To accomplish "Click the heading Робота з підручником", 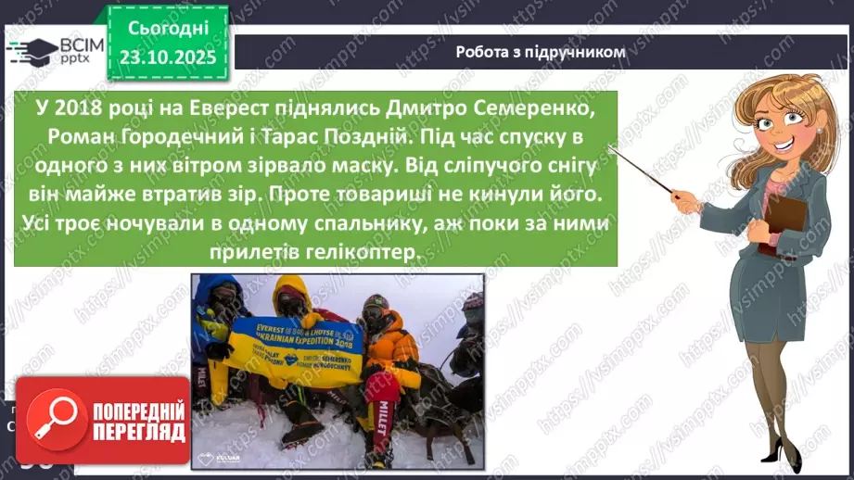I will pos(541,52).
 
